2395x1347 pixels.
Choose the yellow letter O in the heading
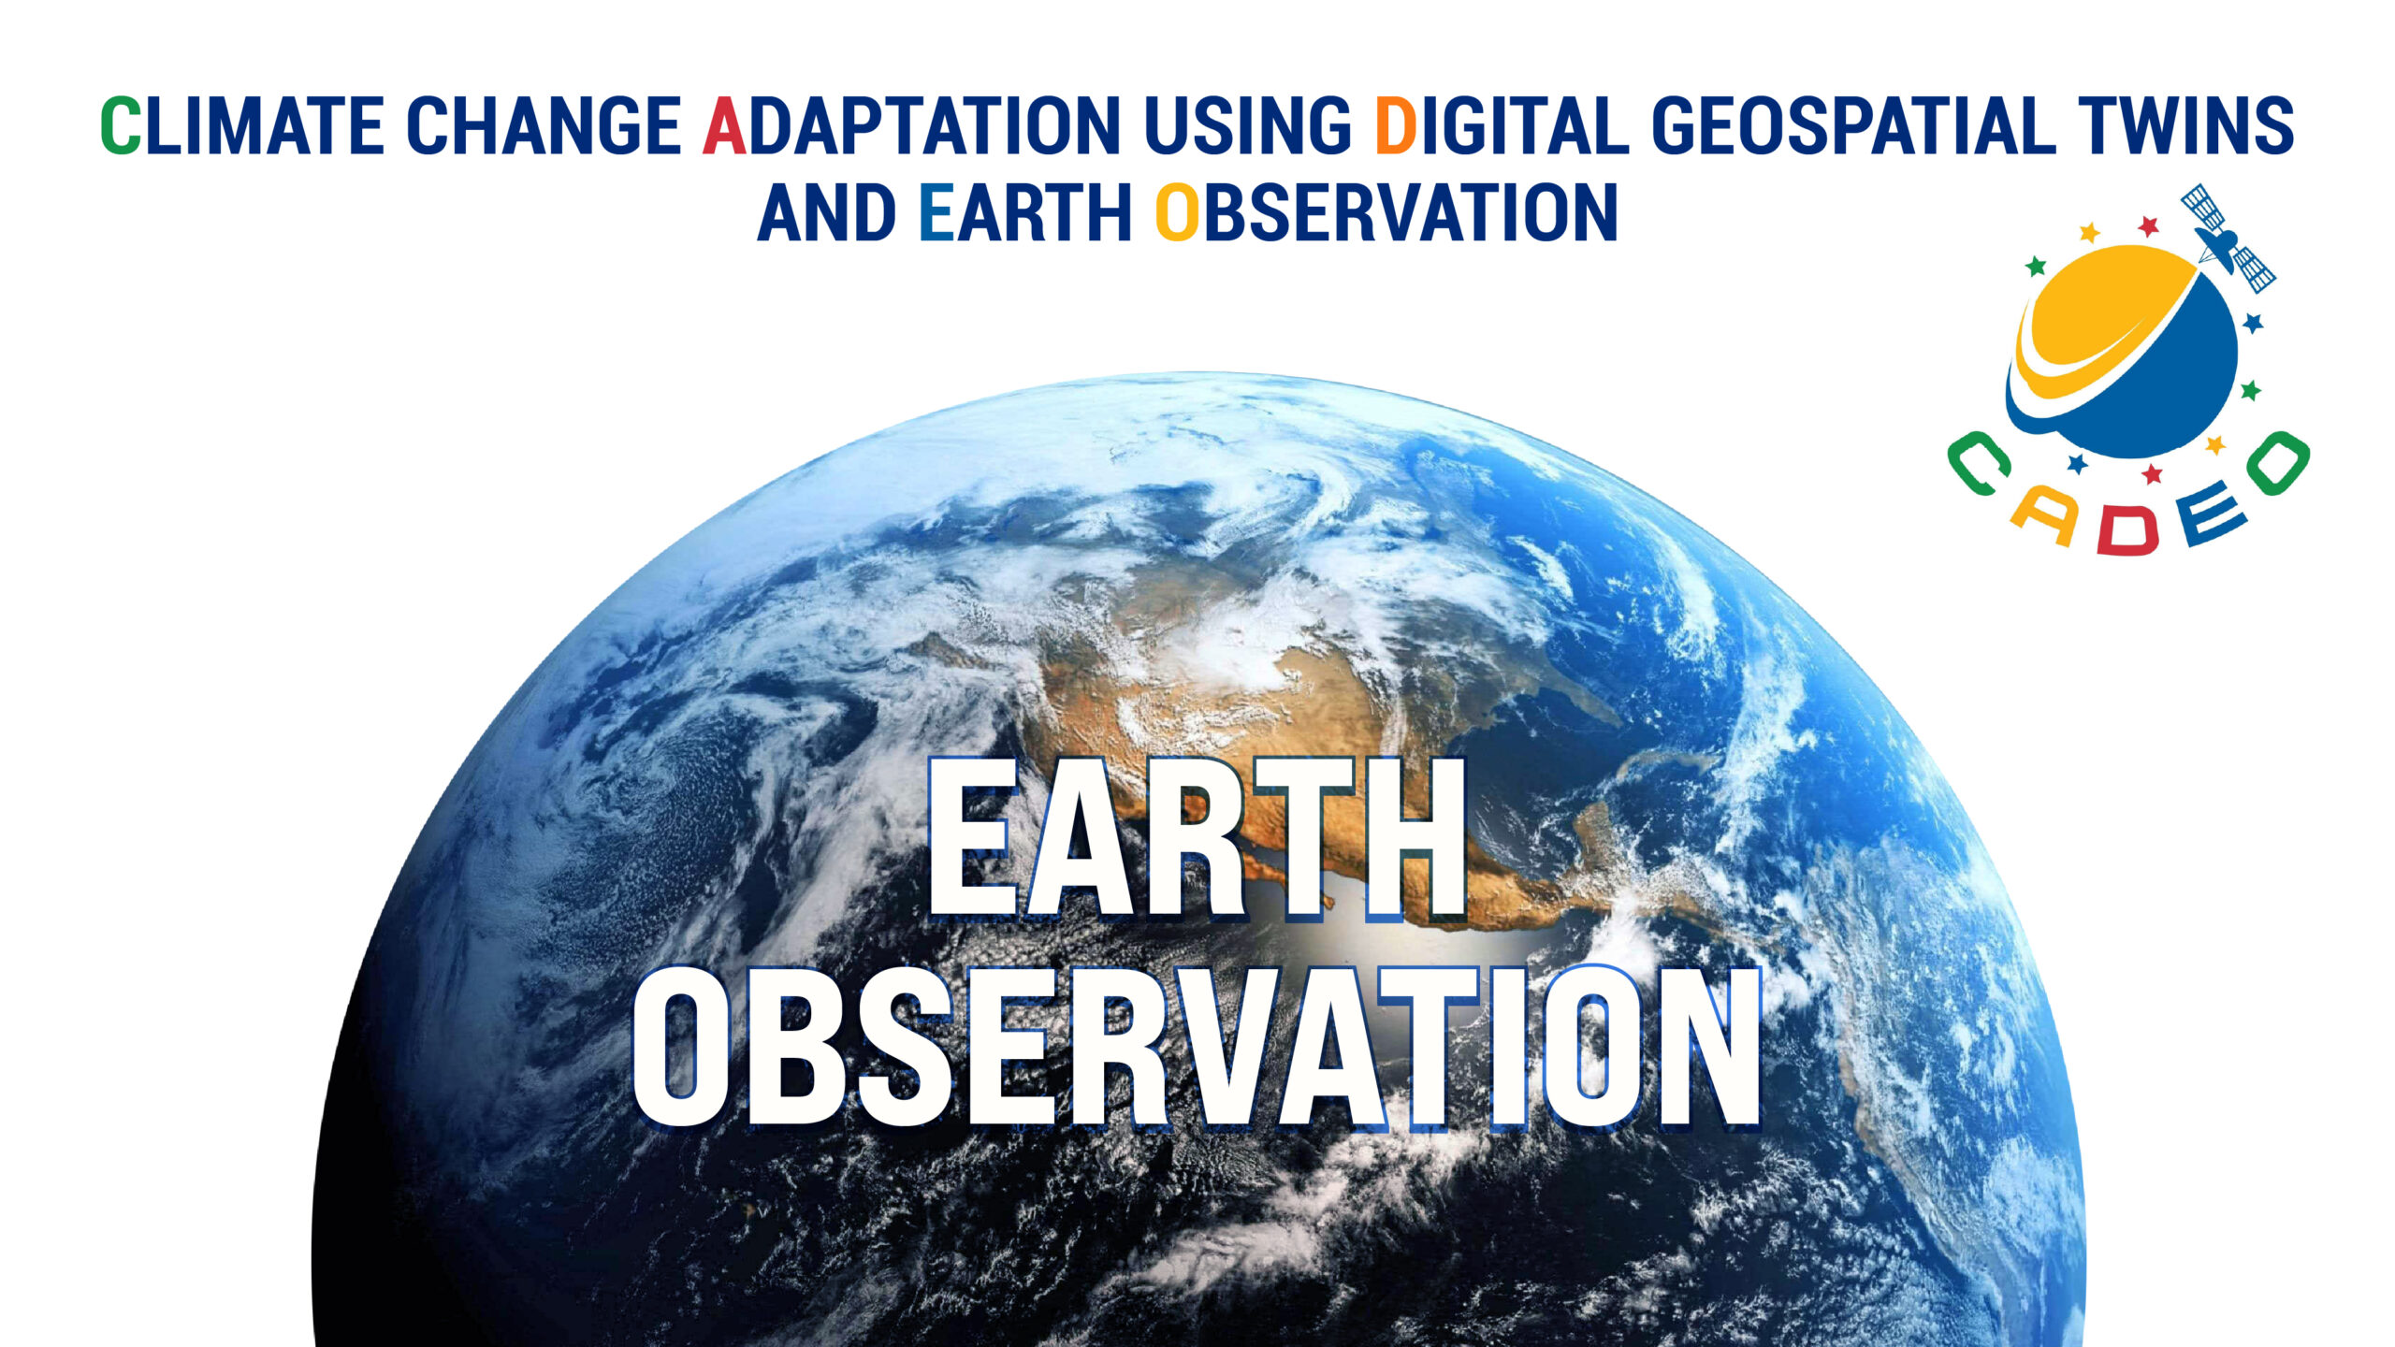coord(1177,213)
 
